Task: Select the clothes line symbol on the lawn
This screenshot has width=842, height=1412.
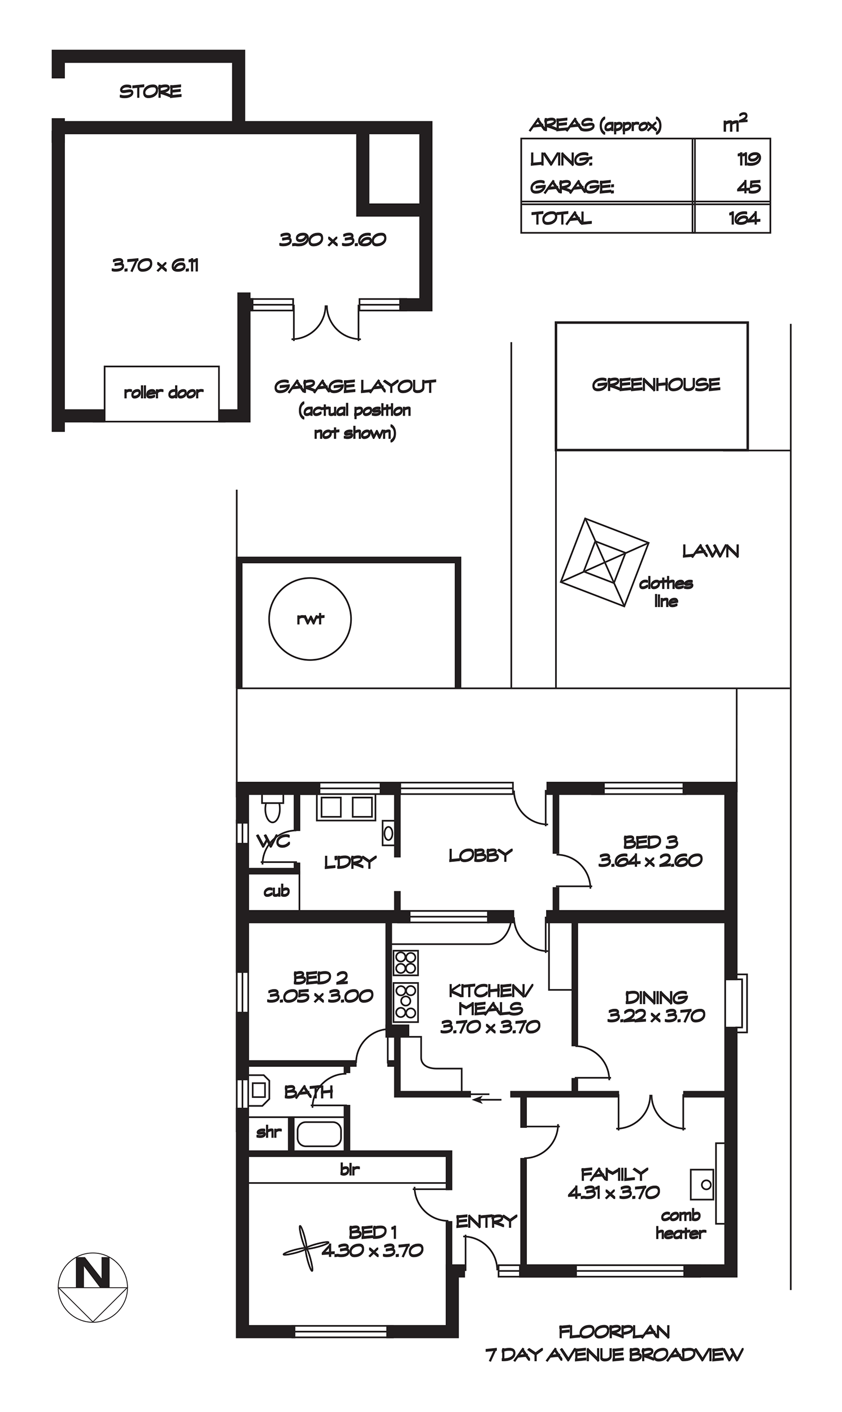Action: coord(604,562)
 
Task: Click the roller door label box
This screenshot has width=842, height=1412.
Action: coord(162,393)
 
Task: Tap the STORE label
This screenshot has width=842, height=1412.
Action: coord(150,91)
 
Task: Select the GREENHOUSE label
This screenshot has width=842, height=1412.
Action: coord(656,385)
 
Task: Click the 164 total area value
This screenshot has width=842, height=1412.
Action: coord(744,218)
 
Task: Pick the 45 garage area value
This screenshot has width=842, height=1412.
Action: coord(749,186)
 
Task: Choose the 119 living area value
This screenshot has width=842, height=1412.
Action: coord(748,159)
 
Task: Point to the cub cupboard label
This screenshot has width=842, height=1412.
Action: coord(276,891)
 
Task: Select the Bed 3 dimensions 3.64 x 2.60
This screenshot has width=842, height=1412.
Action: coord(650,861)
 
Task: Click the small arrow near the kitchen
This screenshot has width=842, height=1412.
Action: coord(487,1100)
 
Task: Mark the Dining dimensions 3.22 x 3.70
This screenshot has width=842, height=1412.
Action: coord(656,1016)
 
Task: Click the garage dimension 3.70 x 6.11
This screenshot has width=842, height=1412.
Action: coord(155,265)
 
